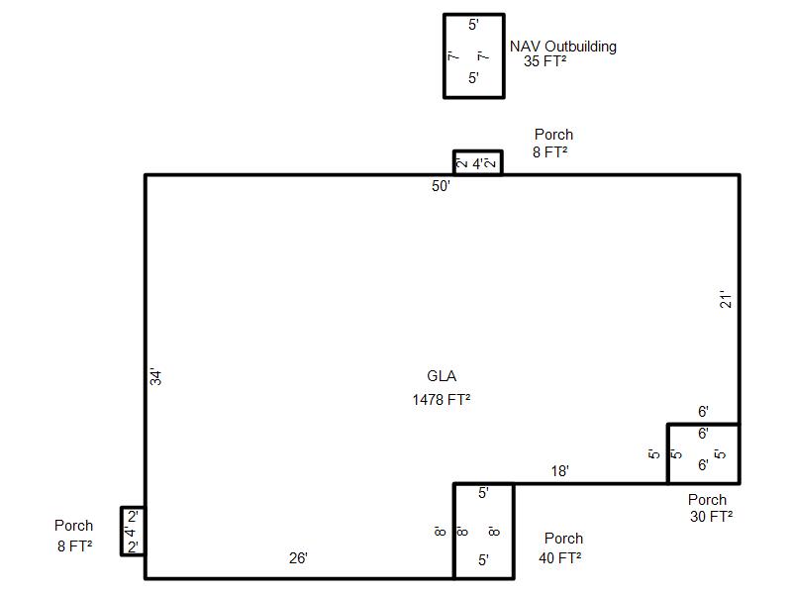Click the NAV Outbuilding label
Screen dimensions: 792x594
(562, 47)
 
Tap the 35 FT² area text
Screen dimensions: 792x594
(544, 61)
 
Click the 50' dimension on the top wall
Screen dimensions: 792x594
(441, 186)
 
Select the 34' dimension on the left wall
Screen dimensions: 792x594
(155, 377)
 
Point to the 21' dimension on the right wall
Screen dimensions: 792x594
(726, 299)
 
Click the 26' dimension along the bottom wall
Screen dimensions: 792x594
(298, 558)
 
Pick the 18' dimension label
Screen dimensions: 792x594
(559, 471)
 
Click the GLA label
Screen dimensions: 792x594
(442, 376)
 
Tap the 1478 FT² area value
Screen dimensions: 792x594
(441, 400)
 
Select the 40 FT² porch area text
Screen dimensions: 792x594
(559, 558)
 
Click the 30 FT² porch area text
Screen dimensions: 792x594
(711, 516)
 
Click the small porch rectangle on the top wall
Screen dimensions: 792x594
(477, 151)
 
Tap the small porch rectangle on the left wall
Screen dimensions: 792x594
(122, 532)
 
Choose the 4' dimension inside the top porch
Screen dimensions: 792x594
(478, 164)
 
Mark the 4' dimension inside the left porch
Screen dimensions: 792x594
(131, 532)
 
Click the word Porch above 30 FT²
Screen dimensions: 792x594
(707, 500)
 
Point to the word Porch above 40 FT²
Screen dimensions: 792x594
(563, 539)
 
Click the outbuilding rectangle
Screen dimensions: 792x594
(444, 56)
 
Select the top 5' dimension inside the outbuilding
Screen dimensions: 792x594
(473, 25)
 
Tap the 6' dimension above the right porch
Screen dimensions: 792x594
(703, 412)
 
